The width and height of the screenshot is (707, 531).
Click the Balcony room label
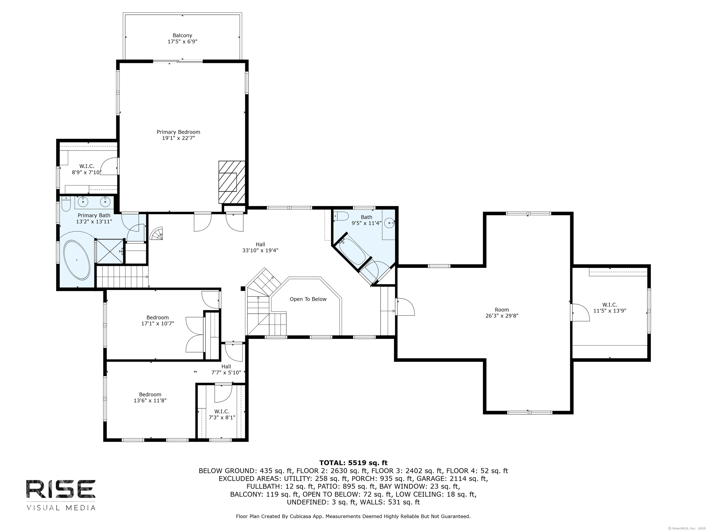coord(182,35)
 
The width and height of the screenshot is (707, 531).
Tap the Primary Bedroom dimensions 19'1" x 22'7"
coord(178,138)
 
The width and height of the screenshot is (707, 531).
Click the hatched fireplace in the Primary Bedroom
coord(231,182)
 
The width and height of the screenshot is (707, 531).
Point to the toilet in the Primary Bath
coord(66,204)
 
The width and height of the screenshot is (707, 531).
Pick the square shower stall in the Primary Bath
coord(110,251)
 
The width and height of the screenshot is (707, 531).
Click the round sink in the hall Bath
coord(389,223)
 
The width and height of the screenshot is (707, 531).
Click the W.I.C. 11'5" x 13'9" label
coord(609,308)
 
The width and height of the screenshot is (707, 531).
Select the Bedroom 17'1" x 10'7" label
coord(158,320)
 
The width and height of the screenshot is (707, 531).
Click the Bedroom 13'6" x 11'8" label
coord(150,398)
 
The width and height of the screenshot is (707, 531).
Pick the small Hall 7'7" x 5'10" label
coord(226,370)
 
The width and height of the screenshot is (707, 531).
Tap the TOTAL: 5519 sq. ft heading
coord(353,463)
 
